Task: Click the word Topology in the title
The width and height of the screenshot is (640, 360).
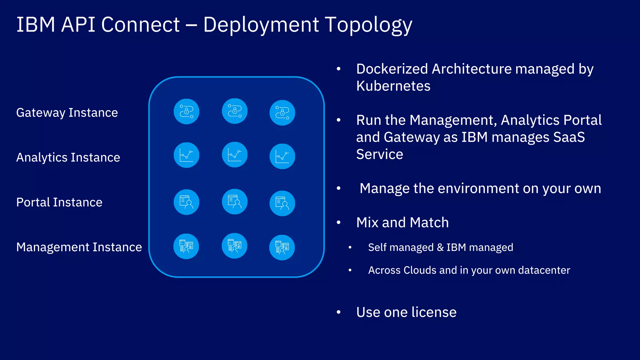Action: click(x=369, y=25)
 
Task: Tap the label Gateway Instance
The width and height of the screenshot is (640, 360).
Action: click(x=67, y=112)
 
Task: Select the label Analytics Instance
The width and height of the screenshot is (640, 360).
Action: click(x=68, y=157)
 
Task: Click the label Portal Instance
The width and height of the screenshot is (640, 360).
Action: click(x=59, y=202)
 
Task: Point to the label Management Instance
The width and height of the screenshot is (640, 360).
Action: click(x=79, y=247)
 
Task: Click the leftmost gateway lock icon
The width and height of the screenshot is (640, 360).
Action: click(x=187, y=112)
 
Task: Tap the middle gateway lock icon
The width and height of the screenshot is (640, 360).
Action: click(x=235, y=111)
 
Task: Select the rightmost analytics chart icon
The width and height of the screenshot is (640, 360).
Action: click(x=282, y=156)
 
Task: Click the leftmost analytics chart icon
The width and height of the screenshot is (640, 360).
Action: click(x=187, y=155)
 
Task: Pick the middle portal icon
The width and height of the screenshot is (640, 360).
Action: click(x=235, y=202)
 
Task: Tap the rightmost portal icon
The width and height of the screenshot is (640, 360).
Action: click(x=282, y=203)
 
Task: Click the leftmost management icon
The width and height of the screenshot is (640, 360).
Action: click(x=186, y=246)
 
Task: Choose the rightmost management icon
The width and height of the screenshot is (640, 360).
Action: click(x=282, y=247)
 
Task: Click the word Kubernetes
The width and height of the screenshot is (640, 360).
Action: click(x=393, y=86)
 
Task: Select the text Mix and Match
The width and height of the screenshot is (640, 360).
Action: click(x=402, y=222)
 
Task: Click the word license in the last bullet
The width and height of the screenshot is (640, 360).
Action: click(x=434, y=312)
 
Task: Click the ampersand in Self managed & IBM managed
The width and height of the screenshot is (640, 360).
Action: click(x=440, y=247)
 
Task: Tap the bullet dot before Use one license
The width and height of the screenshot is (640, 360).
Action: click(x=338, y=312)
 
